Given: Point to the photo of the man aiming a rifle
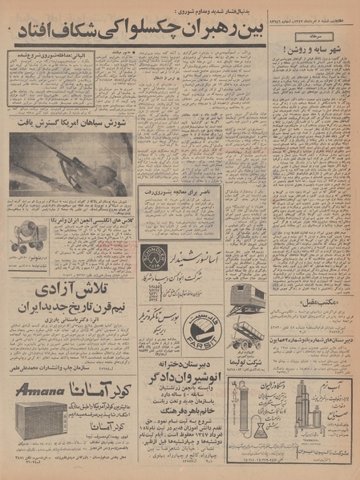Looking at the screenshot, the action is point(71,163).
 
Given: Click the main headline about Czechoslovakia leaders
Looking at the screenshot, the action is point(180,33).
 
